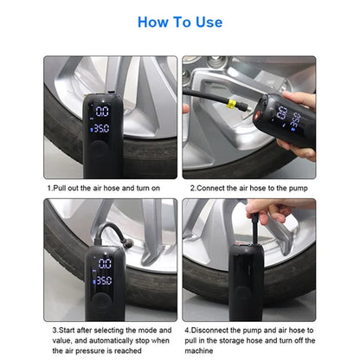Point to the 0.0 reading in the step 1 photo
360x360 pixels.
pos(103,112)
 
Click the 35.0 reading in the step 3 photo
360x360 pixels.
pos(103,280)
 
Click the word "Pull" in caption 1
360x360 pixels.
pos(61,186)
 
